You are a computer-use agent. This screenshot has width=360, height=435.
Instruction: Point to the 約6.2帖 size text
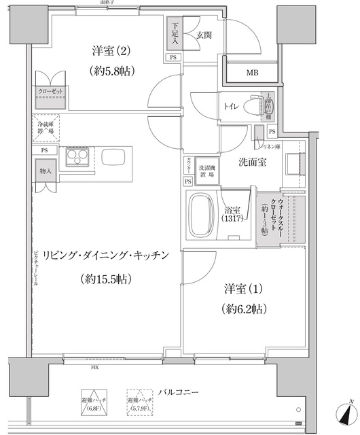pos(242,309)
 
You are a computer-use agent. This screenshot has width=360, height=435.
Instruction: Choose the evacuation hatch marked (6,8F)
pos(95,404)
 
